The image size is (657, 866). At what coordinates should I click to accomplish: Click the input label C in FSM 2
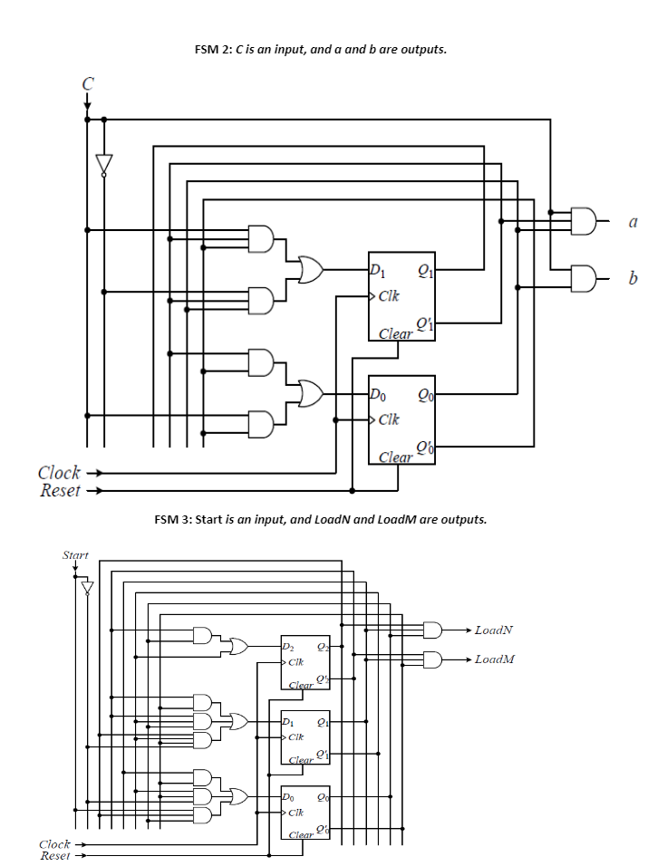tap(87, 83)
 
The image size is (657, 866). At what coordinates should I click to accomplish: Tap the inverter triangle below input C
tap(104, 164)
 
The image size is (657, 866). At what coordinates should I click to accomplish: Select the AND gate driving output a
tap(585, 219)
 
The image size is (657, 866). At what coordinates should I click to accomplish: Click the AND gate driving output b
tap(585, 275)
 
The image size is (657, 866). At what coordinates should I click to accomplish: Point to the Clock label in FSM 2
tap(59, 473)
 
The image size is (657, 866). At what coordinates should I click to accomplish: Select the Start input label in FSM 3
tap(75, 554)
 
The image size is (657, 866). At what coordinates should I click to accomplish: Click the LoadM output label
tap(494, 659)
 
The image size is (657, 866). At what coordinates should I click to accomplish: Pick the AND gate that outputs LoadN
tap(433, 630)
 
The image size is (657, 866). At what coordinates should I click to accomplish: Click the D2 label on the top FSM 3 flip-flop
tap(289, 647)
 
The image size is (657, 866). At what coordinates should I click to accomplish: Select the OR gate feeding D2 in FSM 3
tap(239, 646)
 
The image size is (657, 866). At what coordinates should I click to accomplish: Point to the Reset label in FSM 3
tap(55, 855)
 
